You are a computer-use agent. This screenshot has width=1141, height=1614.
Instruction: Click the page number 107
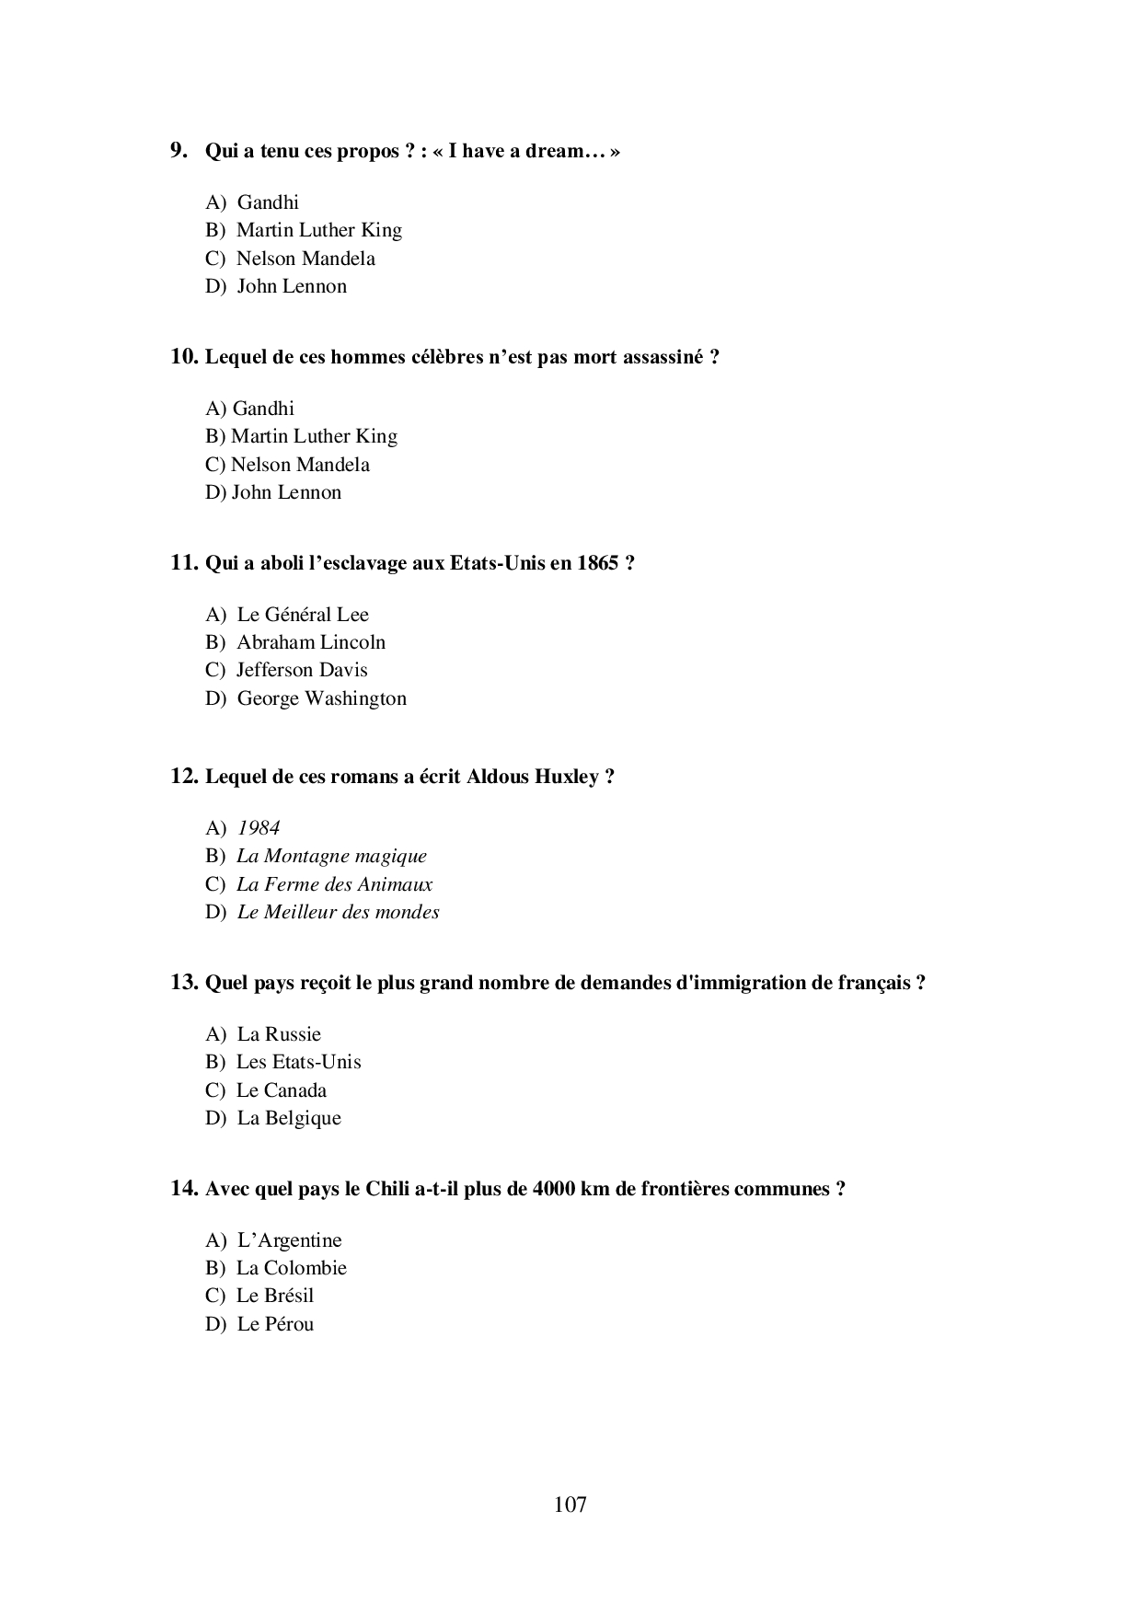point(570,1504)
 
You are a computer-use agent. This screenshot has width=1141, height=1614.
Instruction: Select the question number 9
point(179,150)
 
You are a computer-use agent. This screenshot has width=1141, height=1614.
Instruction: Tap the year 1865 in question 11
point(598,563)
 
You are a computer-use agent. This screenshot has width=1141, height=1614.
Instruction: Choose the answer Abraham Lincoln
point(311,642)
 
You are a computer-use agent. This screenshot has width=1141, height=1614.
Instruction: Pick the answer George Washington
point(321,698)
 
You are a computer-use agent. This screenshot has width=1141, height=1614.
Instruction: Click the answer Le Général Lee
point(303,615)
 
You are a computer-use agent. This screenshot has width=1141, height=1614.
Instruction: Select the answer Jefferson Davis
point(302,670)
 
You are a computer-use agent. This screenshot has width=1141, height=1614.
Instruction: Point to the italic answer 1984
point(259,828)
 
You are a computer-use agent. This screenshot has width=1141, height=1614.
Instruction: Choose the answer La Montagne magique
point(331,856)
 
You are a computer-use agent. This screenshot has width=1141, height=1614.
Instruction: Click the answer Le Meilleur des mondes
point(338,912)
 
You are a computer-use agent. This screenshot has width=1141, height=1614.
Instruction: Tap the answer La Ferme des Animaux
point(334,884)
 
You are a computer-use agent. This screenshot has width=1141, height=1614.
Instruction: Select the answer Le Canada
point(281,1090)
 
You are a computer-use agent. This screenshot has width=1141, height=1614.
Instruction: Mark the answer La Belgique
point(289,1118)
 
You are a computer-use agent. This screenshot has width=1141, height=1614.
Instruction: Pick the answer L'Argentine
point(289,1240)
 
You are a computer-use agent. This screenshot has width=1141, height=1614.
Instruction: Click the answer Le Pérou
point(275,1324)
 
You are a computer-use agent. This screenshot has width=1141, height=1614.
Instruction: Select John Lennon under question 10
point(286,492)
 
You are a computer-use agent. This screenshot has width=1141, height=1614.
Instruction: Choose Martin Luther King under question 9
point(318,230)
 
